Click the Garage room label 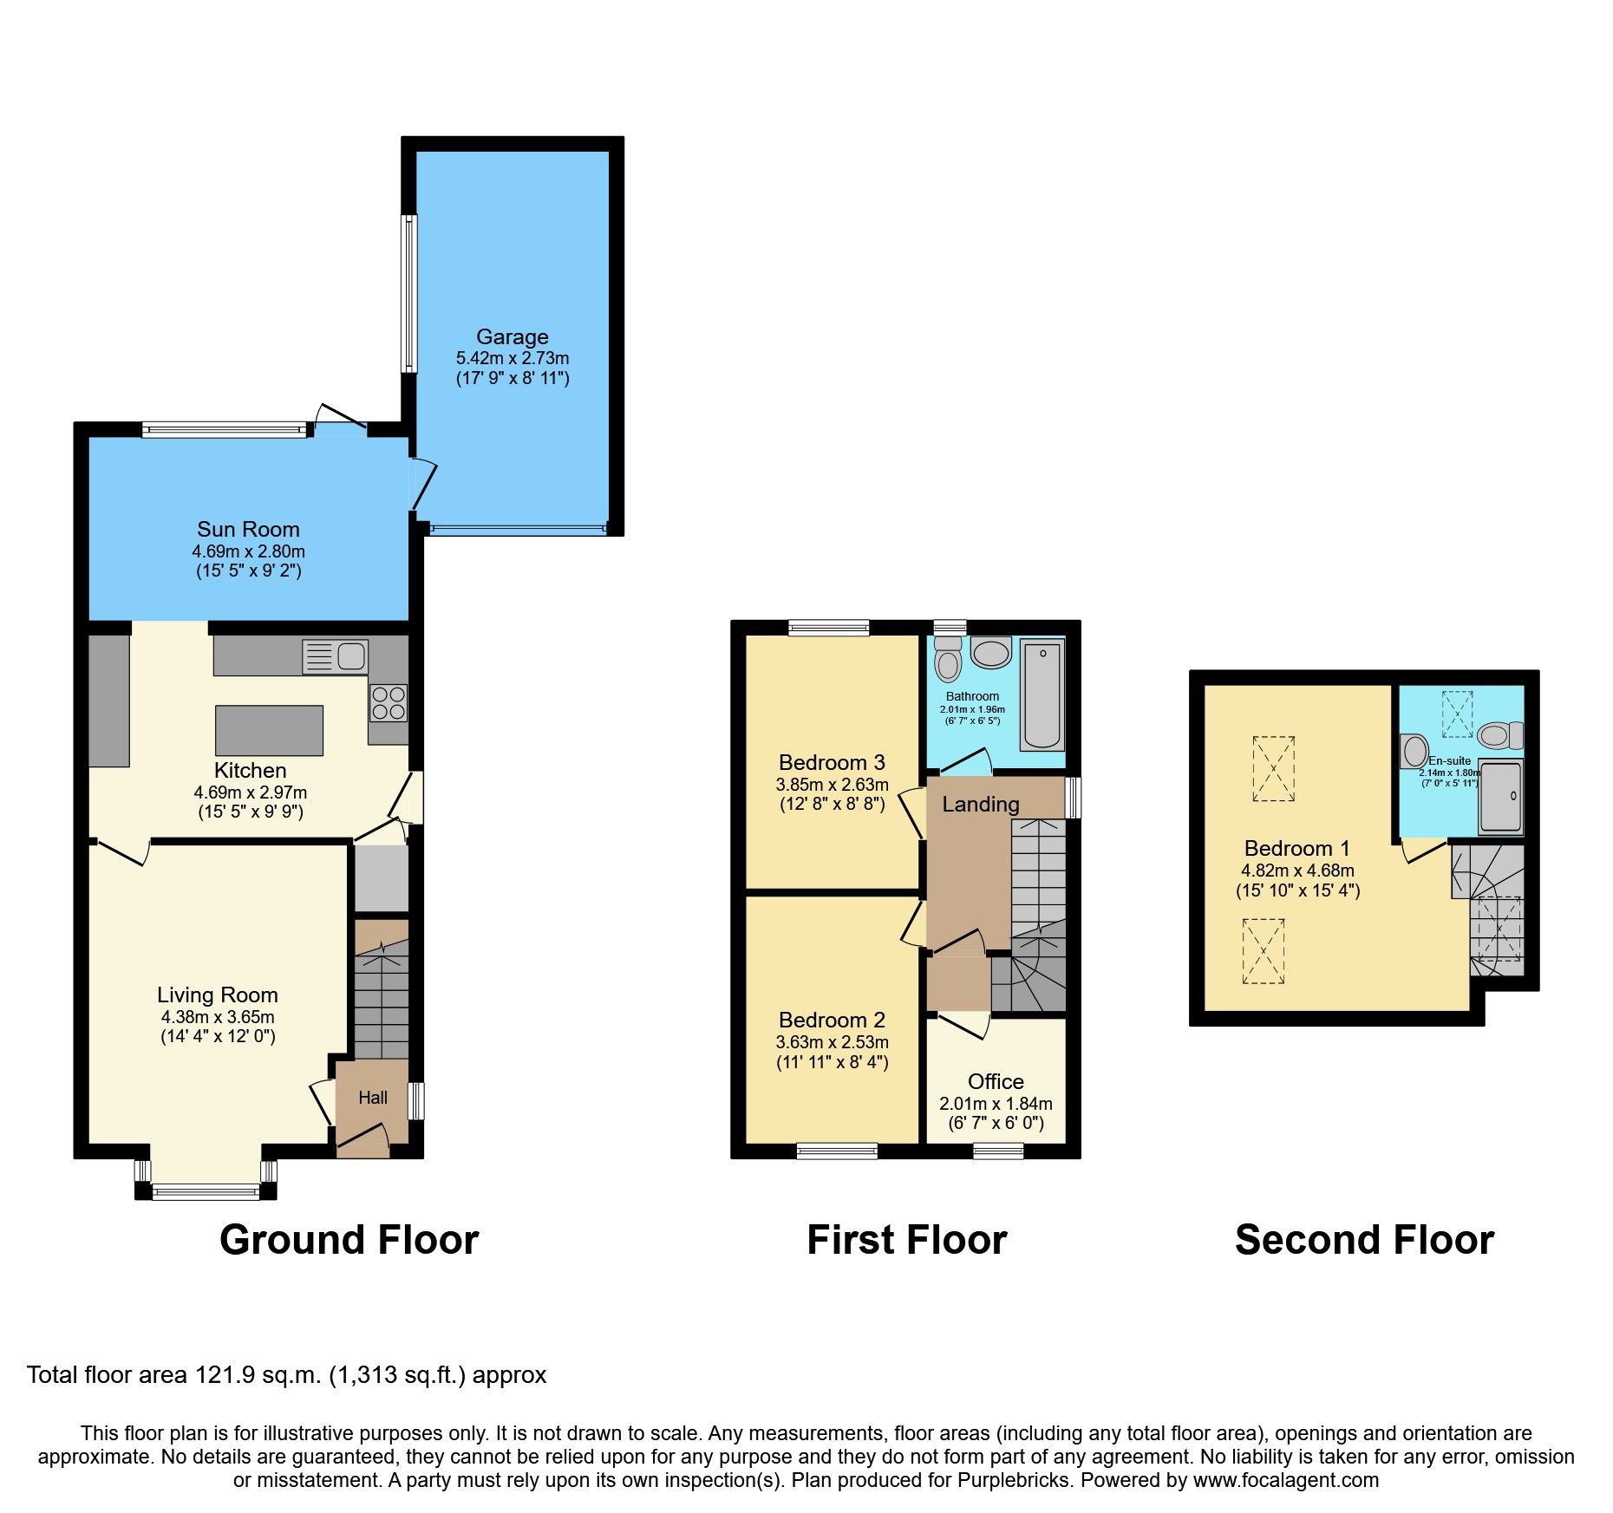512,336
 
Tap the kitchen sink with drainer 335,656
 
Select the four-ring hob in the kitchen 388,703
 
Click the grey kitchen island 269,730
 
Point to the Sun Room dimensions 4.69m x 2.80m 248,551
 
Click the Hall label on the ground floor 373,1098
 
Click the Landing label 980,804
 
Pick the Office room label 995,1081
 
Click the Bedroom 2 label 832,1020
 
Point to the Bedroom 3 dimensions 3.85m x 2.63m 832,785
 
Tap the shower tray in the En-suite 1500,796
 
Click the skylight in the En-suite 1457,714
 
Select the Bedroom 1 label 1296,848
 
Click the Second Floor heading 1363,1240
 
